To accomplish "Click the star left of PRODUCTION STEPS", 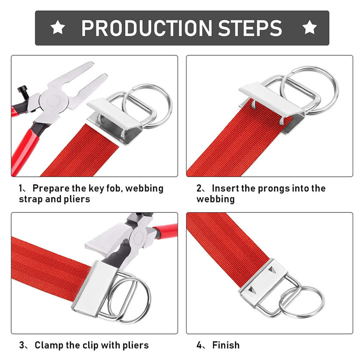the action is coord(58,27).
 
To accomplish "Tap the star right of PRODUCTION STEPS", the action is coord(310,27).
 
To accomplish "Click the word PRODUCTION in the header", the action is coord(147,28).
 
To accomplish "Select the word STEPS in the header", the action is coord(250,28).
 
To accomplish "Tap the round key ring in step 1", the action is coord(148,106).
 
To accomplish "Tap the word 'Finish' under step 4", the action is coord(226,345).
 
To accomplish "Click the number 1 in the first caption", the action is coord(21,189).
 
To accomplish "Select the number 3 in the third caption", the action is coord(22,345).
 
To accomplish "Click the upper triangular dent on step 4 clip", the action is coord(273,270).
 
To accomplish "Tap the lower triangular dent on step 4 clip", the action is coord(252,290).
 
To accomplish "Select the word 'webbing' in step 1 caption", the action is coord(144,189).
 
